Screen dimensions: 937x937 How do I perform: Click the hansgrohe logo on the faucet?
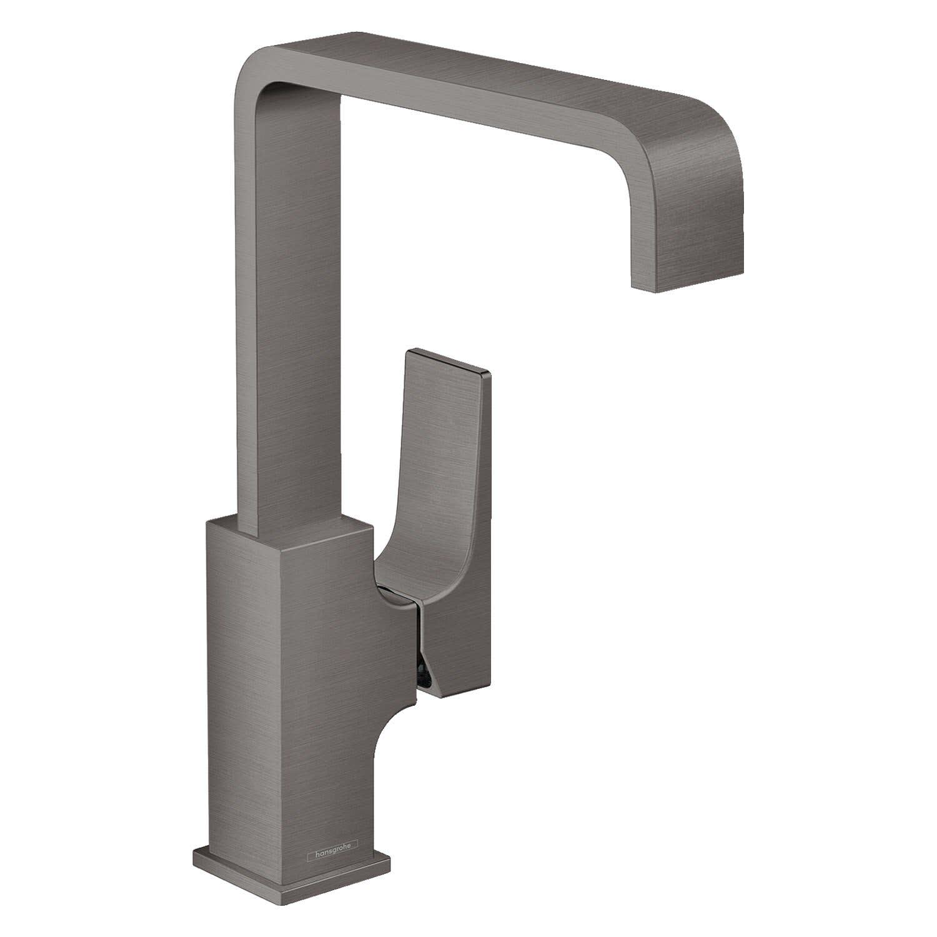coord(332,845)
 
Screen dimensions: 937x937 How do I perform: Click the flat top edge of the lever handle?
coord(450,362)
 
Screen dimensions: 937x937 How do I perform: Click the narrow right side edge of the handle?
coord(488,531)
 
